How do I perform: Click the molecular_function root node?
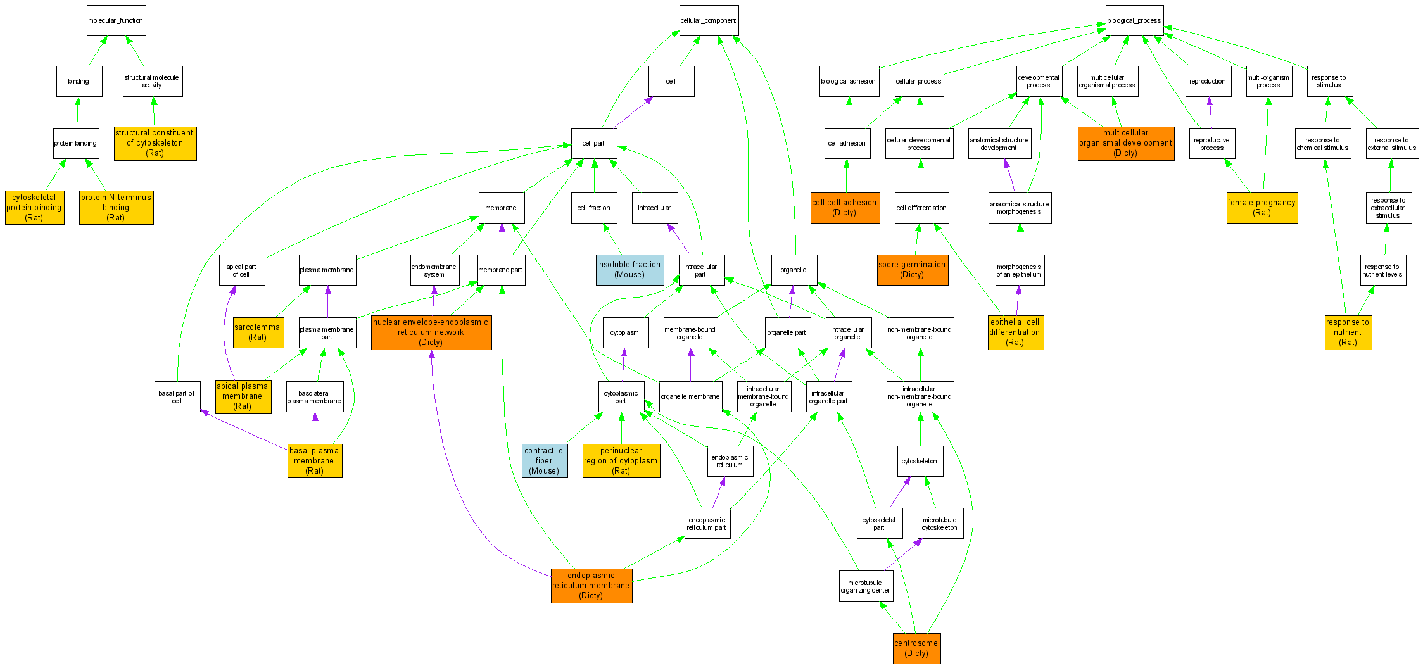[x=116, y=21]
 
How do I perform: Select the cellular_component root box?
[x=709, y=21]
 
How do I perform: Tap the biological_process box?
[x=1134, y=21]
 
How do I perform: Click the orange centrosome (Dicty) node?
[x=916, y=648]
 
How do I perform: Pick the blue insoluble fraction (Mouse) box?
[x=629, y=270]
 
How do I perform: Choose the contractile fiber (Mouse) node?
[x=544, y=460]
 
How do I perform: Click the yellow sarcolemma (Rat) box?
[x=258, y=332]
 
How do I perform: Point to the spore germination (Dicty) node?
[x=912, y=270]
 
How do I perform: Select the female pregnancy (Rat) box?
[x=1262, y=208]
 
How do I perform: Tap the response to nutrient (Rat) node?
[x=1348, y=332]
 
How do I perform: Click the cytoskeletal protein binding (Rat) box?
[x=34, y=208]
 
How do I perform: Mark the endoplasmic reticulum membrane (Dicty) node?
[x=591, y=586]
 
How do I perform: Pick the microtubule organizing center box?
[x=865, y=586]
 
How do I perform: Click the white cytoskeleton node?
[x=920, y=461]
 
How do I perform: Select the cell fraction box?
[x=594, y=208]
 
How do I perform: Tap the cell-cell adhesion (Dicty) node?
[x=845, y=208]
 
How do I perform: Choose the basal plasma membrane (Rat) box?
[x=314, y=460]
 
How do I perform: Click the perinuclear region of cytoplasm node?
[x=621, y=460]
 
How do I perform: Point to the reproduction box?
[x=1208, y=82]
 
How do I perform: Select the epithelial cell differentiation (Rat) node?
[x=1015, y=332]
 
